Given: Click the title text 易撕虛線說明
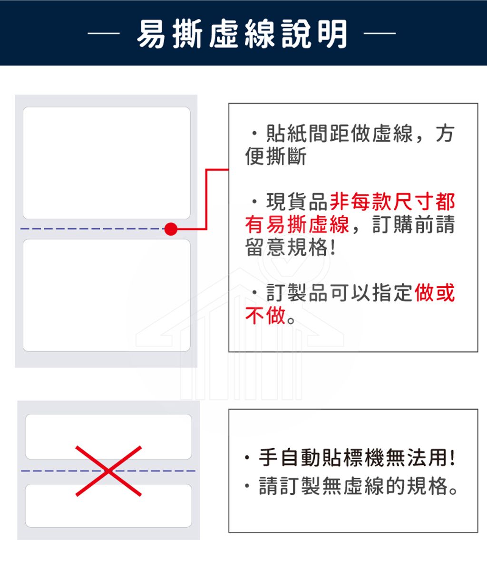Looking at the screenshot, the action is pyautogui.click(x=242, y=33).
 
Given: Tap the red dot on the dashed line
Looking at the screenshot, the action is pyautogui.click(x=171, y=229).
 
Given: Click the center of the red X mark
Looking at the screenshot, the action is pyautogui.click(x=108, y=471).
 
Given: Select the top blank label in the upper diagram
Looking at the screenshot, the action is pyautogui.click(x=107, y=163).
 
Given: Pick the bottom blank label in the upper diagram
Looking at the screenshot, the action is pyautogui.click(x=107, y=295).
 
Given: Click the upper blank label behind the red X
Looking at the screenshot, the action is pyautogui.click(x=108, y=436).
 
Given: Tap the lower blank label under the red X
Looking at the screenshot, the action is pyautogui.click(x=108, y=505).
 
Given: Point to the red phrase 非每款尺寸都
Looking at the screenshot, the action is pyautogui.click(x=392, y=202).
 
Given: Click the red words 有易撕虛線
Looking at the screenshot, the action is pyautogui.click(x=297, y=224).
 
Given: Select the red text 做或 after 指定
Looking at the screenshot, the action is pyautogui.click(x=434, y=292).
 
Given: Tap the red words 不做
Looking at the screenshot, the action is pyautogui.click(x=265, y=315).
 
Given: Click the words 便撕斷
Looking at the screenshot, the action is pyautogui.click(x=276, y=156).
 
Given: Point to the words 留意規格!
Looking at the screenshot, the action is pyautogui.click(x=291, y=247).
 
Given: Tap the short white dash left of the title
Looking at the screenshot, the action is pyautogui.click(x=104, y=33).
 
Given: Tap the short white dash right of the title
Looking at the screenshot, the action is pyautogui.click(x=380, y=33).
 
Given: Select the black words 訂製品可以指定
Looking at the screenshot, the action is pyautogui.click(x=340, y=292).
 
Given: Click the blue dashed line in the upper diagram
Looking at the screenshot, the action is pyautogui.click(x=93, y=229).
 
